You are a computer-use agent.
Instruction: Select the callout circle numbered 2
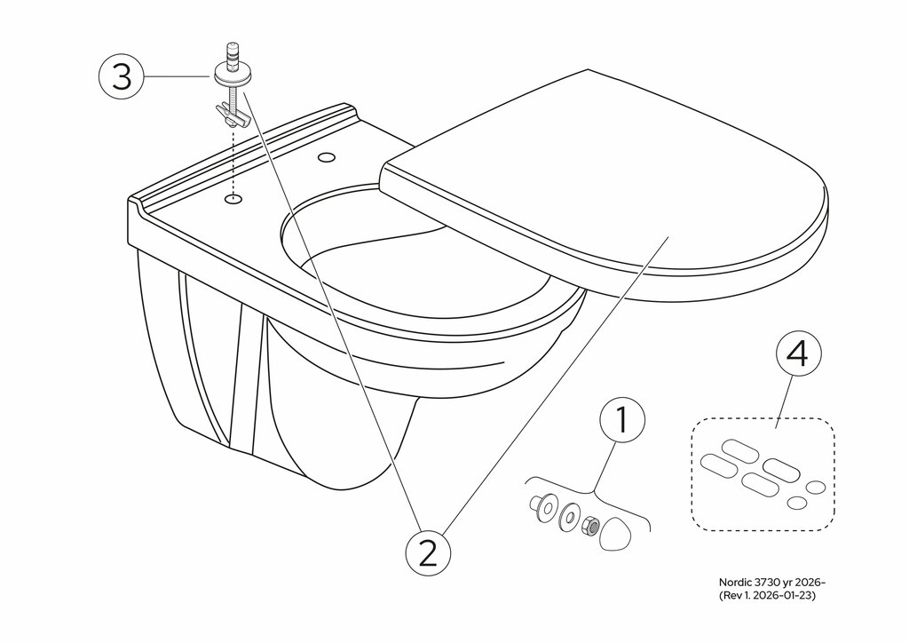pos(428,553)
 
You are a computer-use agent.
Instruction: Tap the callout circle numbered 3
pos(122,77)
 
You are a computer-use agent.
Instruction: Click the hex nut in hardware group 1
pos(588,528)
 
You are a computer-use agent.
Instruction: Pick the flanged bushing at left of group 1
pos(537,504)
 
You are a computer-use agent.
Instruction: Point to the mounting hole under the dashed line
pos(233,199)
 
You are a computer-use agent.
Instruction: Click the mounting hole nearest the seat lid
pos(327,159)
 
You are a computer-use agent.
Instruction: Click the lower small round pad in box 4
pos(797,503)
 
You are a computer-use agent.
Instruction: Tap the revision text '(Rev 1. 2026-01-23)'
pos(767,596)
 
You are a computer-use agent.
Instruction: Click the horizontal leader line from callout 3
pos(178,77)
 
